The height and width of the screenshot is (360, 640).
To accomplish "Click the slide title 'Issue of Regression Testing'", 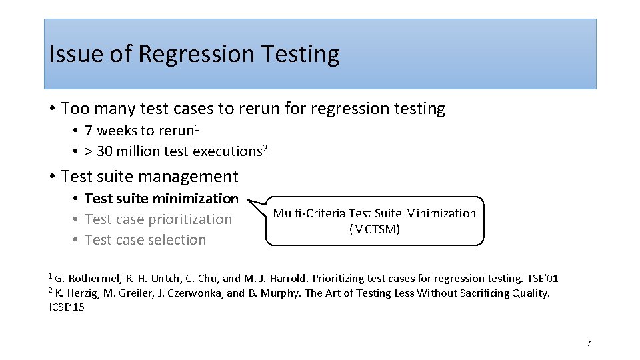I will point(194,54).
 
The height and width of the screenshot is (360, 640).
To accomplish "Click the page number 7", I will point(588,343).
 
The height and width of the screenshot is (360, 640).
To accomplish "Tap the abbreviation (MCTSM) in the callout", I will point(375,229).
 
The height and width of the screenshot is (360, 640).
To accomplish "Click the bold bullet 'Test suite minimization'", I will point(161,199).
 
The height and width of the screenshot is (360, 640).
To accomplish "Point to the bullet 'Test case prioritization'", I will point(158,219).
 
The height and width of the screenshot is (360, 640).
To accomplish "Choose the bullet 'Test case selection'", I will point(145,240).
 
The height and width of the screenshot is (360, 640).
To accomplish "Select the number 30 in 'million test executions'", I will point(105,151).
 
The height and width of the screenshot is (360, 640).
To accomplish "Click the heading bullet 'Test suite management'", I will point(149,177).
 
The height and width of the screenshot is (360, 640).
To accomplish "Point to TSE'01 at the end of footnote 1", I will point(542,278).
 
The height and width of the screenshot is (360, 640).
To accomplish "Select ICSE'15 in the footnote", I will point(67,307).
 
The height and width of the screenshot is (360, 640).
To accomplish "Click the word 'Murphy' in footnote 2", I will point(282,293).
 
